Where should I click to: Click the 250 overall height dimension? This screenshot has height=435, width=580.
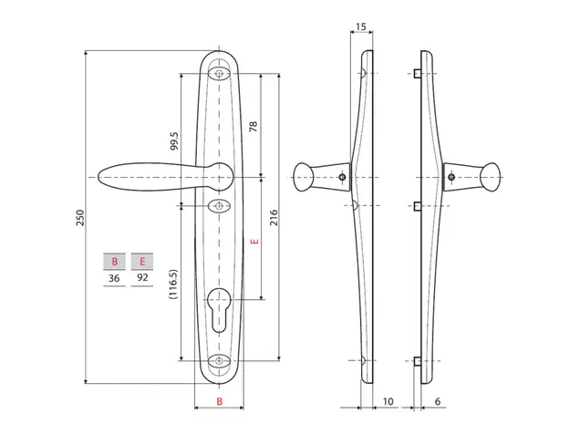(x=80, y=217)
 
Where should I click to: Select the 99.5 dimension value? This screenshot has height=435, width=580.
(x=174, y=141)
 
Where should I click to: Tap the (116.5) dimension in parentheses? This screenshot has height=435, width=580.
(x=173, y=285)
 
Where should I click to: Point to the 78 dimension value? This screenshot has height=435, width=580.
(x=253, y=127)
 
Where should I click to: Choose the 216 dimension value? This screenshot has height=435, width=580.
(x=274, y=217)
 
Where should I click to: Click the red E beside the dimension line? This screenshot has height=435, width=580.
(x=254, y=242)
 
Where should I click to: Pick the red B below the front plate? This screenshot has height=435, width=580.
(x=220, y=401)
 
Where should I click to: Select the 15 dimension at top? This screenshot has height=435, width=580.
(x=360, y=26)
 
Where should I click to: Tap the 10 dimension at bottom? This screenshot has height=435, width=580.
(x=388, y=401)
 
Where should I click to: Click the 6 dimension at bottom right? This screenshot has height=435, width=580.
(x=438, y=401)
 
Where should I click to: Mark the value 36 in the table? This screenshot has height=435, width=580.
(x=114, y=278)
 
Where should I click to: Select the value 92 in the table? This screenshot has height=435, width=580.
(x=142, y=277)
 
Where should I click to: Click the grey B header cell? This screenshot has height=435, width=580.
(x=114, y=262)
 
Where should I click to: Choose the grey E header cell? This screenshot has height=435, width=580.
(x=142, y=262)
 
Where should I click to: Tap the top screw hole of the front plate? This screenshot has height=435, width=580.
(x=219, y=73)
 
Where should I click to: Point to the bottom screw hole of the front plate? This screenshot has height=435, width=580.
(x=219, y=360)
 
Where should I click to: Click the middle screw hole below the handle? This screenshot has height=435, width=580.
(x=219, y=206)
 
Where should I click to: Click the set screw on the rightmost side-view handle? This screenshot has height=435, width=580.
(x=451, y=177)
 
